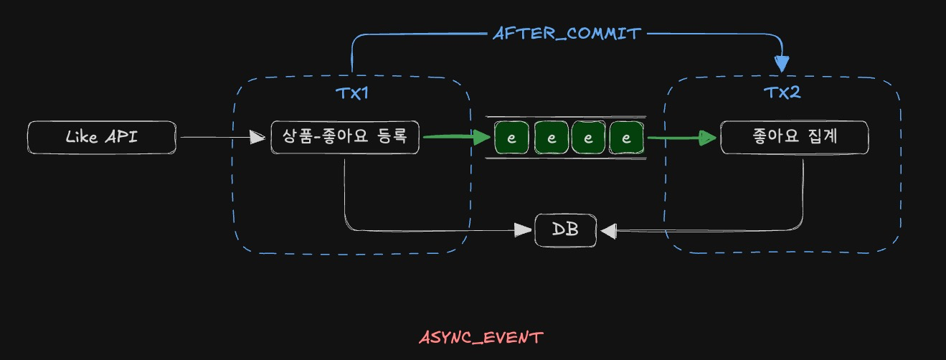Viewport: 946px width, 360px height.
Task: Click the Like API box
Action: coord(101,137)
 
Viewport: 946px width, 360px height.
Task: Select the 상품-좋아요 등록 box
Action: coord(345,137)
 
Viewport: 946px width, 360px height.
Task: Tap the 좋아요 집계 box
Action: coord(794,137)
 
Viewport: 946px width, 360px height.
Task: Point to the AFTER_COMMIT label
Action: coord(566,33)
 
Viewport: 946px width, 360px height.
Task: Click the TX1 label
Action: coord(351,94)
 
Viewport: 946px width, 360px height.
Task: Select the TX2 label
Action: coord(782,94)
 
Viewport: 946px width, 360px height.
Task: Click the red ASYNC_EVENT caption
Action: coord(481,337)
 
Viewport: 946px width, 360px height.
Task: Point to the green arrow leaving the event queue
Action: coord(681,138)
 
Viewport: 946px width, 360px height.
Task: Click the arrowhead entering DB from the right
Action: coord(608,230)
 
